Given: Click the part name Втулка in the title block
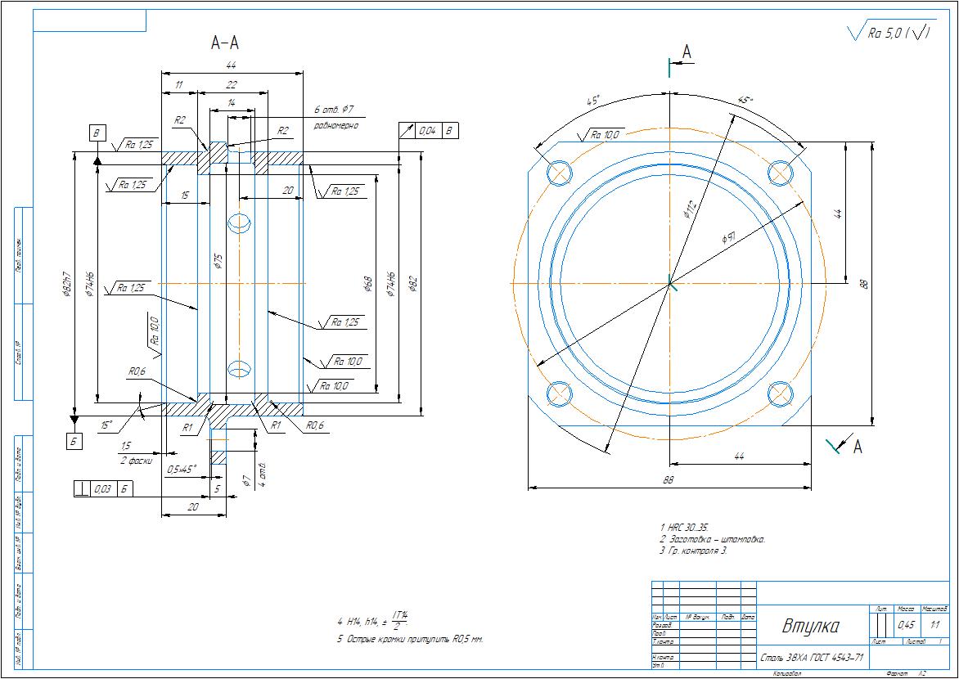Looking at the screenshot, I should click(x=810, y=627).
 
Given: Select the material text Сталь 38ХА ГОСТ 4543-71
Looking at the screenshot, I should click(x=811, y=657).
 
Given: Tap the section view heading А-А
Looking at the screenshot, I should click(x=225, y=43).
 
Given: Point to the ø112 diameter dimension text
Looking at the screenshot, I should click(x=690, y=211).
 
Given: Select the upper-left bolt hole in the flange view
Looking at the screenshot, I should click(x=560, y=172).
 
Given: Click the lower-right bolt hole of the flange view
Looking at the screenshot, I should click(x=781, y=393).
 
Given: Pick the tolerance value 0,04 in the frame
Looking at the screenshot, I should click(x=427, y=131).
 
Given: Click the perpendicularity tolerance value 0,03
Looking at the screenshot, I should click(x=103, y=488).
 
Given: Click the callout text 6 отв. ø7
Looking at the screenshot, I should click(x=333, y=110).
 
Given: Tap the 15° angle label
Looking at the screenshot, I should click(x=106, y=425).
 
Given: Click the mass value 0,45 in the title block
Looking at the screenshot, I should click(x=906, y=625).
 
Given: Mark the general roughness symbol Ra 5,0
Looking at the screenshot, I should click(x=889, y=33).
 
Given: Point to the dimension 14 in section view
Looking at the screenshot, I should click(x=231, y=102).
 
